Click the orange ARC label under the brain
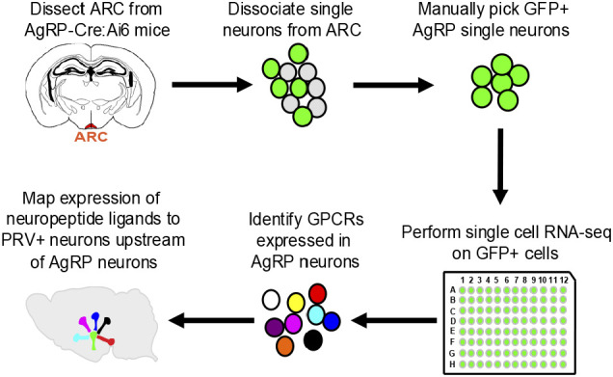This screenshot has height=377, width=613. pos(92,137)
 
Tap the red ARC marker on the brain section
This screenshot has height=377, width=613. pos(91,126)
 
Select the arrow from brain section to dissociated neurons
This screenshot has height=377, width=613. pos(212,85)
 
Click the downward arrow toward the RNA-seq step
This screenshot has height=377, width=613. pos(500,166)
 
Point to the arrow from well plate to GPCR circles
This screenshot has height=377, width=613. pos(394,321)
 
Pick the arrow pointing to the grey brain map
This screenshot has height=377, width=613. pos(211,321)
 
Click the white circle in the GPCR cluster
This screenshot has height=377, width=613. pos(271,300)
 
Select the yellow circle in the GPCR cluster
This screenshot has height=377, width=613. pos(296,303)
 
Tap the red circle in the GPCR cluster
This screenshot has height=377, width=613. pos(317,294)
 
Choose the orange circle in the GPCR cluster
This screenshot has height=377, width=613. pos(284,346)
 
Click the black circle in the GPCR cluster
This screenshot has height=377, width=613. pos(313,339)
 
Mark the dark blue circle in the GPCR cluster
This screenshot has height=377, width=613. pos(332,321)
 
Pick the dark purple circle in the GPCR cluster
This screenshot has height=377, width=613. pos(274,327)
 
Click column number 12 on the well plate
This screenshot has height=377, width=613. pos(563,280)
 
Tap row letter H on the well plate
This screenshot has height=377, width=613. pos(452,364)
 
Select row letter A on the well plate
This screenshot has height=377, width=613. pos(453,290)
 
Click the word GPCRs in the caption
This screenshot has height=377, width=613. pos(335,220)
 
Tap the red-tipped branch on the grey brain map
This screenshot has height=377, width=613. pos(106,339)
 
